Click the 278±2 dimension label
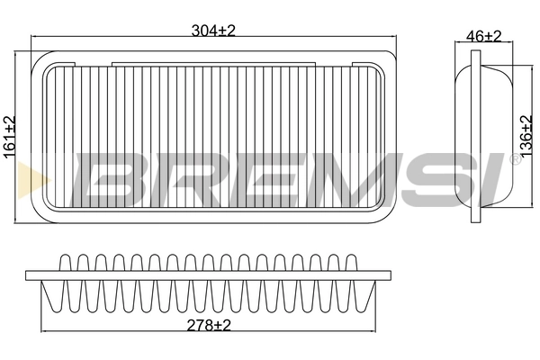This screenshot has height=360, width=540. tap(210, 326)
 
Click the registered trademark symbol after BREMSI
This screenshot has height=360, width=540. tap(515, 159)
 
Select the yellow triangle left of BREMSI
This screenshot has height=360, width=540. tap(32, 176)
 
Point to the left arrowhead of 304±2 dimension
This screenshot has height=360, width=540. tap(34, 38)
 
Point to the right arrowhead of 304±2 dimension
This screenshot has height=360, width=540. tap(393, 38)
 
